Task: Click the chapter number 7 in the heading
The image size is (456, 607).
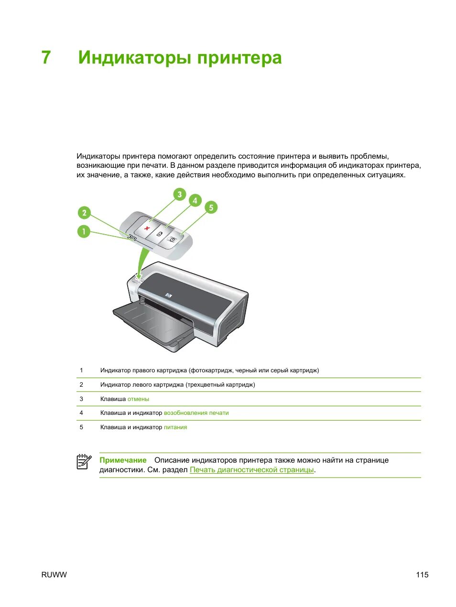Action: [46, 58]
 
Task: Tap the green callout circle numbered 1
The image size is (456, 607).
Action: [84, 232]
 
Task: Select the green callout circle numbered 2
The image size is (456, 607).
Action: [84, 213]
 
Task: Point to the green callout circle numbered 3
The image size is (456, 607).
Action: [179, 194]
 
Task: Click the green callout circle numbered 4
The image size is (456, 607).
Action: [195, 201]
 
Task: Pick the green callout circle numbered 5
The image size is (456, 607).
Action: [211, 207]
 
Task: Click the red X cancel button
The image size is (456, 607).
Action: [147, 228]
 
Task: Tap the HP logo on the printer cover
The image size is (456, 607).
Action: [168, 296]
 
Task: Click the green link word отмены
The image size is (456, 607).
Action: [138, 399]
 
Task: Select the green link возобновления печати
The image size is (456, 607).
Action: [196, 413]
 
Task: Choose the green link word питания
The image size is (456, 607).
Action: [175, 427]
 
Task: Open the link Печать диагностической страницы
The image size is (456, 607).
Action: [252, 470]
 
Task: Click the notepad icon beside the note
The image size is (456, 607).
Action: [84, 462]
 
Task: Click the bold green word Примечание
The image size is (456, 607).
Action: [123, 460]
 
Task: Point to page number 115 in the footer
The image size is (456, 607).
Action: [422, 575]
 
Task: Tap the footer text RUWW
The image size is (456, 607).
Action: [54, 575]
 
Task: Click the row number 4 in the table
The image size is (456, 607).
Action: [81, 413]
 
